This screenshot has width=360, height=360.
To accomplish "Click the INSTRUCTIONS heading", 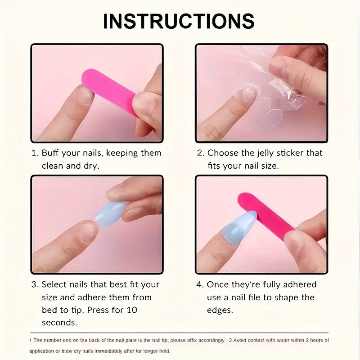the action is pos(179,21).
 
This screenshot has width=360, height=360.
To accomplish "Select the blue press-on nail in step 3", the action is pos(111,213).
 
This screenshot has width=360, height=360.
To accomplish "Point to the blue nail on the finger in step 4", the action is pos(239,227).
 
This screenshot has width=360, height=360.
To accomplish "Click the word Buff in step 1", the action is pos(50,153).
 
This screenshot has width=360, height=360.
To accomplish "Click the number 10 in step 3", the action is pos(132,310).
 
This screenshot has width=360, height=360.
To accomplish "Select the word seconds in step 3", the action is pos(59,323).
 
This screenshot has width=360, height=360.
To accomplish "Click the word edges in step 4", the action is pos(220,310).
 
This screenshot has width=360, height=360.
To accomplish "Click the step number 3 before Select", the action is pos(35,284).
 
